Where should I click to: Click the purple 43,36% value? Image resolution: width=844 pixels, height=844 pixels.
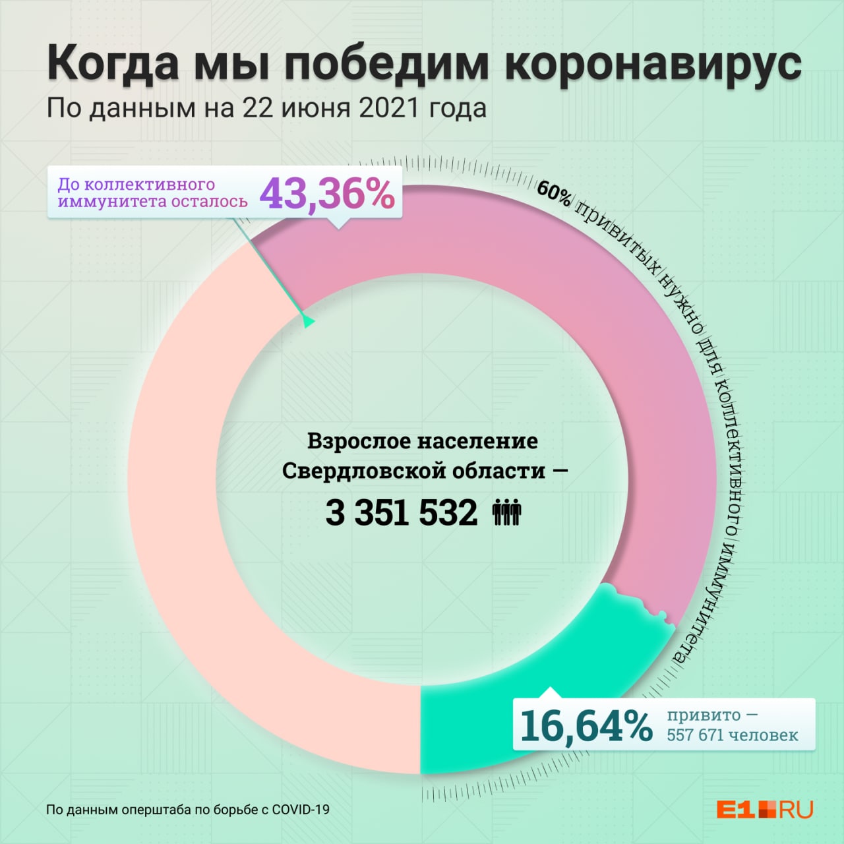(327, 194)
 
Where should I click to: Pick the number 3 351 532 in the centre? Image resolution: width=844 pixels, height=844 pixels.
(401, 512)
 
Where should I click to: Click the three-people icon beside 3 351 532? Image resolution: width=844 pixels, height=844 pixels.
(506, 512)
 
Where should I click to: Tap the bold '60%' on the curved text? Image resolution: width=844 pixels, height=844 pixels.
(553, 193)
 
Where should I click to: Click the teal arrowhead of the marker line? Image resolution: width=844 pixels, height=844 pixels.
(307, 322)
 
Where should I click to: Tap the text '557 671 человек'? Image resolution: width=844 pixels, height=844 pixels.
(732, 735)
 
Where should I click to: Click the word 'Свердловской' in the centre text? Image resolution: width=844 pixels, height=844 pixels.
(348, 471)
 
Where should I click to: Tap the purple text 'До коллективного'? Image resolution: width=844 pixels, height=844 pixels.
(136, 185)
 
